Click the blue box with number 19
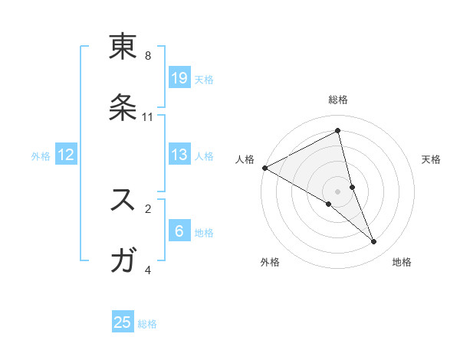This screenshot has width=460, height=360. point(179,77)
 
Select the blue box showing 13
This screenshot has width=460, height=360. point(179,155)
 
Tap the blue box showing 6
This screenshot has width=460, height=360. point(179,231)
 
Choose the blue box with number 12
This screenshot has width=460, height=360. point(66,155)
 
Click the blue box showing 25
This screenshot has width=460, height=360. point(123,322)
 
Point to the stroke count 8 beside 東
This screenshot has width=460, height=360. point(148,56)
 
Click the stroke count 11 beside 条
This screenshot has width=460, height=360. point(148,117)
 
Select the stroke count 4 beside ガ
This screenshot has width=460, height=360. point(148,270)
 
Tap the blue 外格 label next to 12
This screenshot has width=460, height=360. point(41,155)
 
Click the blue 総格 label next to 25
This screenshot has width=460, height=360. point(147,323)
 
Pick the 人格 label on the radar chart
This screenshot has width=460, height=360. point(245,159)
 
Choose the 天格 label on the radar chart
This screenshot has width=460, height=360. point(432,159)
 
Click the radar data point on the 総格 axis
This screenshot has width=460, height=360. point(337,131)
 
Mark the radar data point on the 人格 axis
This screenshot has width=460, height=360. point(264,168)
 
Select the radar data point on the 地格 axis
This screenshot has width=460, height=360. point(374,242)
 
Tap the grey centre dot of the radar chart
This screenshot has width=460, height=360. point(337,191)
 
